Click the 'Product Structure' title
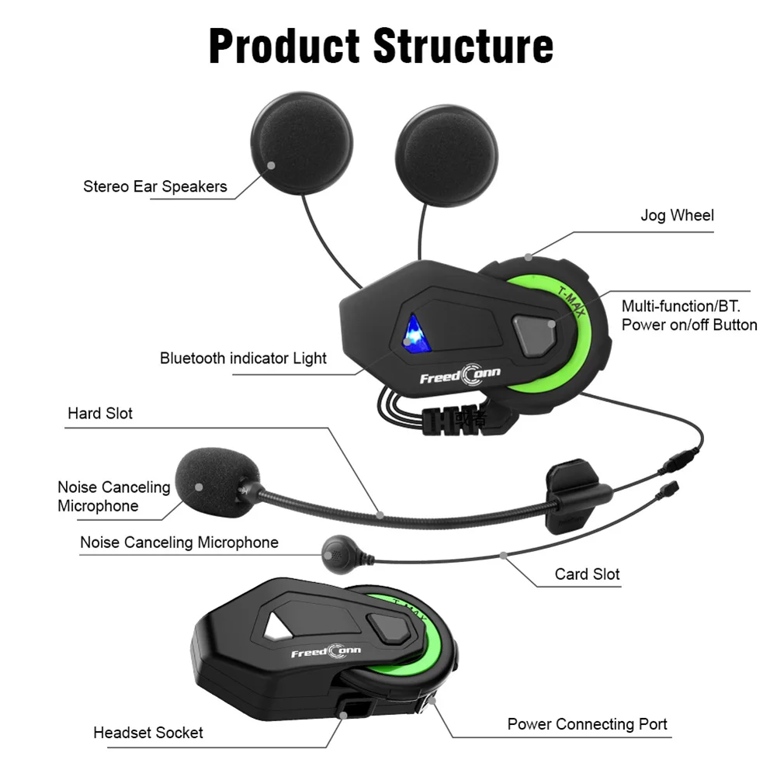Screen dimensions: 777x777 pyautogui.click(x=381, y=46)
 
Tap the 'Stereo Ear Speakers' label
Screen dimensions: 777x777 pyautogui.click(x=155, y=186)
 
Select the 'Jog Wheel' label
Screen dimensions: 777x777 pyautogui.click(x=677, y=215)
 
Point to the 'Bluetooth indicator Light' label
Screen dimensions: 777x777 pyautogui.click(x=243, y=358)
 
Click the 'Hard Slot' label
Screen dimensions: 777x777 pyautogui.click(x=100, y=413)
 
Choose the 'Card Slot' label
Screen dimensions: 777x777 pyautogui.click(x=587, y=574)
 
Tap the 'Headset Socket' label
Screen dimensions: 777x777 pyautogui.click(x=148, y=732)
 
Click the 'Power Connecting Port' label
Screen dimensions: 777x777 pyautogui.click(x=587, y=723)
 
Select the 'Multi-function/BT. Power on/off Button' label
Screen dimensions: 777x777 pyautogui.click(x=689, y=315)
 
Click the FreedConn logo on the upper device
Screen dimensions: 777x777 pyautogui.click(x=460, y=377)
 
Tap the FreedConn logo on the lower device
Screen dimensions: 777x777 pyautogui.click(x=325, y=652)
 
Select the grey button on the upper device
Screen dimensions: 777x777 pyautogui.click(x=535, y=331)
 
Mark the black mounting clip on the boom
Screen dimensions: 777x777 pyautogui.click(x=575, y=493)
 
